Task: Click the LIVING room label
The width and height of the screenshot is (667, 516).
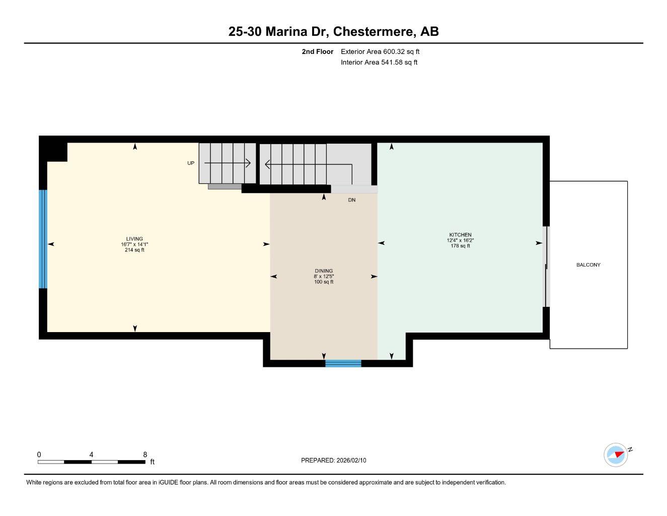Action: pos(134,239)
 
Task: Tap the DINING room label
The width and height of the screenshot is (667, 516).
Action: pos(324,271)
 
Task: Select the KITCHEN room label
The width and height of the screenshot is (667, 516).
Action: pos(460,235)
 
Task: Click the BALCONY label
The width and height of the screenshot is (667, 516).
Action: pos(588,265)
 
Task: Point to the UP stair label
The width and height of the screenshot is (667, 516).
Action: pos(191,163)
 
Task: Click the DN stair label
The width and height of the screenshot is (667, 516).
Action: pos(352,200)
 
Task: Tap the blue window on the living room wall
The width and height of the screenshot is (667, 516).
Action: pos(43,239)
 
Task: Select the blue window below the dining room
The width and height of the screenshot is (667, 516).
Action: pos(343,363)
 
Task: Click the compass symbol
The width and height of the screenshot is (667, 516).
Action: pos(616,455)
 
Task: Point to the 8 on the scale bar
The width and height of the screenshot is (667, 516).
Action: pos(145,455)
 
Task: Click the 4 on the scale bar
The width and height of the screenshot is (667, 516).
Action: pos(91,455)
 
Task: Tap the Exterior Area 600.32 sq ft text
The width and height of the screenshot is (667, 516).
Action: pos(380,51)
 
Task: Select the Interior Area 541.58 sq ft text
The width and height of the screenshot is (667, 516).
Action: pos(379,62)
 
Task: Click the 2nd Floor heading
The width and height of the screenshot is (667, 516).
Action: pos(318,51)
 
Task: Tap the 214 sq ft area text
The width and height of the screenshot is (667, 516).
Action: pos(134,250)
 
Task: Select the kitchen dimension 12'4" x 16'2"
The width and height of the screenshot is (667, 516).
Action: pos(460,240)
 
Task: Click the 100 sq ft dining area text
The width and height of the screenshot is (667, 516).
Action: pos(324,282)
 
